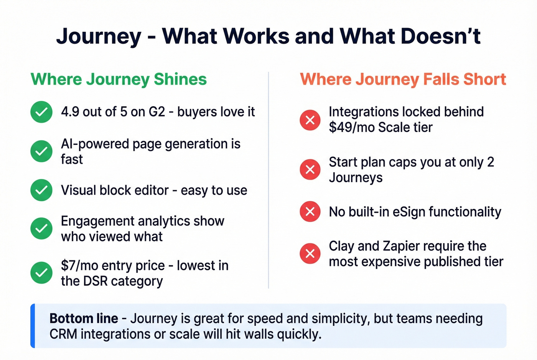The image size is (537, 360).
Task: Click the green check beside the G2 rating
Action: tap(41, 112)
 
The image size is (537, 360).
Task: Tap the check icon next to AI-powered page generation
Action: tap(41, 151)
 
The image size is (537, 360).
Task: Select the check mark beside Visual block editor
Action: tap(41, 190)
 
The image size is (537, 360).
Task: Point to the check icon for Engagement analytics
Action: tap(41, 228)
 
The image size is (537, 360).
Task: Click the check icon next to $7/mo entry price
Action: tap(41, 273)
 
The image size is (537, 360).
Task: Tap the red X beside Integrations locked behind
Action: tap(310, 120)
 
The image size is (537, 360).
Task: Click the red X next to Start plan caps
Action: tap(310, 169)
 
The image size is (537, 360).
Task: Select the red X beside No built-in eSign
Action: tap(310, 212)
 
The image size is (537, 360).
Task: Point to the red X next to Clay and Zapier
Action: tap(310, 253)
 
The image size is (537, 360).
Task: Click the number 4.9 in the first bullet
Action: tap(70, 112)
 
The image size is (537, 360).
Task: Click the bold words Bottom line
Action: tap(84, 319)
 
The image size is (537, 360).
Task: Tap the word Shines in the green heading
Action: tap(180, 79)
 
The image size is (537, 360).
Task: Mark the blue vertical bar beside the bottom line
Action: tap(33, 326)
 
